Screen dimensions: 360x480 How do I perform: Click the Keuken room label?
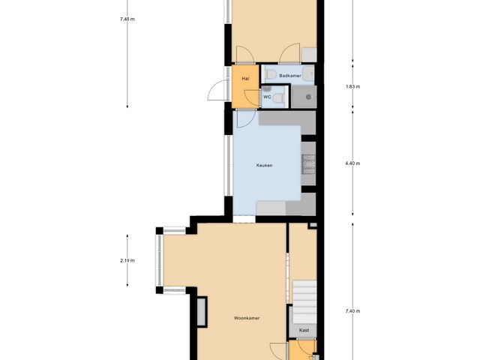(264, 166)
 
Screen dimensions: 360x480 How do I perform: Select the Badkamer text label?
(290, 76)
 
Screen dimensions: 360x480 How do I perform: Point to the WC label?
(267, 97)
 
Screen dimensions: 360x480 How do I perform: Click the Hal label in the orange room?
(245, 79)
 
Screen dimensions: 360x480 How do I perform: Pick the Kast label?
(304, 330)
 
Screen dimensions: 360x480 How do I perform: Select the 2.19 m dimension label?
(127, 260)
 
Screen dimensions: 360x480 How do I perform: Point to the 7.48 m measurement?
(127, 19)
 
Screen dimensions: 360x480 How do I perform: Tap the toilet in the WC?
(279, 97)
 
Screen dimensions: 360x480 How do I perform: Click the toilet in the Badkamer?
(270, 73)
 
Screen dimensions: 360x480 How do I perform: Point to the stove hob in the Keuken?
(308, 163)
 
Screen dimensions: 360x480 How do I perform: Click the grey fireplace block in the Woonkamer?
(201, 311)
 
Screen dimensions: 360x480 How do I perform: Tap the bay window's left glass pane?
(158, 259)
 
